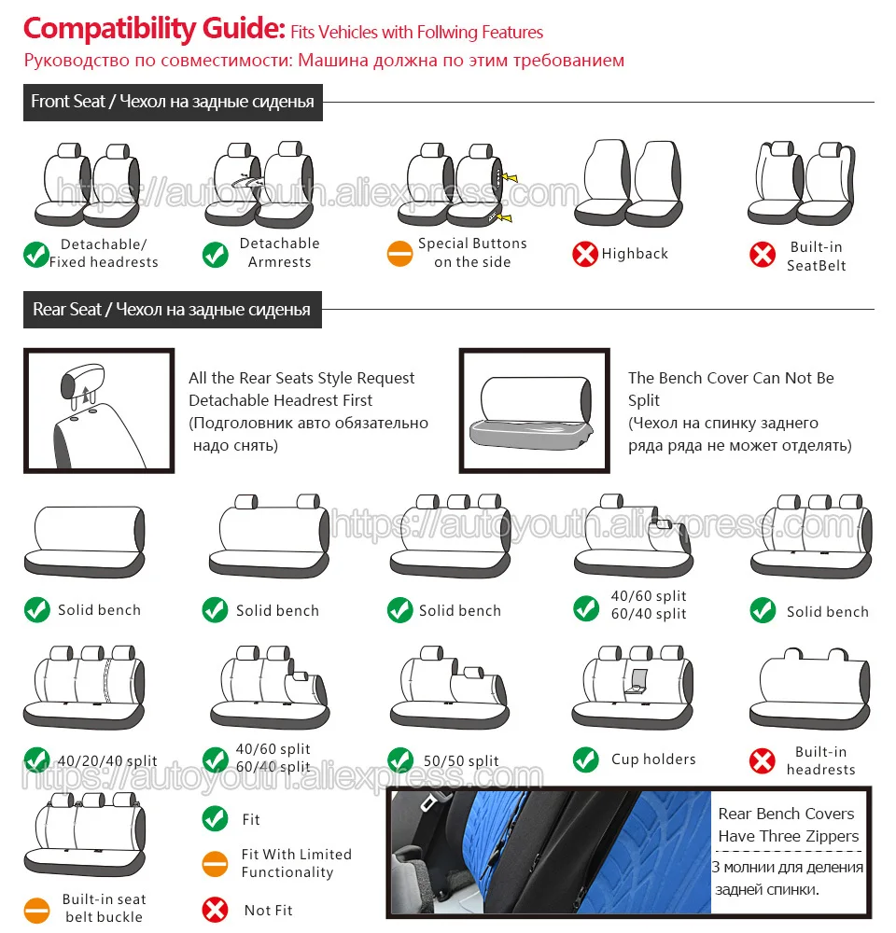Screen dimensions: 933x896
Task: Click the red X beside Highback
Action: (585, 253)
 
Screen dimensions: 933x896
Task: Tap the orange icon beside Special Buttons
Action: (399, 253)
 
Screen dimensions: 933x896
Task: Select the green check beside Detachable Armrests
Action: (216, 254)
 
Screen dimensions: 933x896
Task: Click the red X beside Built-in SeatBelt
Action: (763, 255)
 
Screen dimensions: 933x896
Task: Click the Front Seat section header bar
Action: (173, 102)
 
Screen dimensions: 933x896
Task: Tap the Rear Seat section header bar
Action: (172, 309)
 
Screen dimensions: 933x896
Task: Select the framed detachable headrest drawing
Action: (98, 411)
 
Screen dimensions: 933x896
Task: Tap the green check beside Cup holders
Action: (586, 759)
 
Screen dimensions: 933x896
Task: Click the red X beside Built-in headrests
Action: (763, 761)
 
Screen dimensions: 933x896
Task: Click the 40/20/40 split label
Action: (106, 761)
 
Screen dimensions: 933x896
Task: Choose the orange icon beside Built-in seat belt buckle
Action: (37, 908)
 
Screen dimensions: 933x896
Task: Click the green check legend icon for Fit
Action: (216, 819)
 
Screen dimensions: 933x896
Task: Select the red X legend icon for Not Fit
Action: (216, 910)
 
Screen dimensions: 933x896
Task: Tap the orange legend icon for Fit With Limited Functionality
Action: (216, 863)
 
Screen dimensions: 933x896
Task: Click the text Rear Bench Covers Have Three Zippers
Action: (787, 825)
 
